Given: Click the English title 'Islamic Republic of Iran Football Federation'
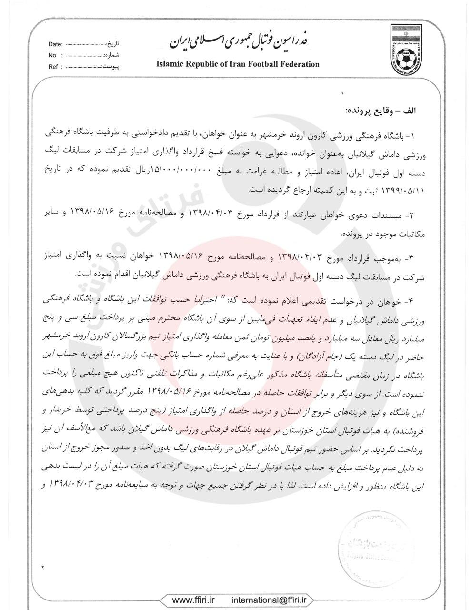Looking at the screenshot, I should (x=238, y=64).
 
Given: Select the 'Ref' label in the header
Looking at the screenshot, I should (x=53, y=67).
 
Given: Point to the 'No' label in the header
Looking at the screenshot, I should (x=52, y=56).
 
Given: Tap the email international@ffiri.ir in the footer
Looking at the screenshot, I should (x=269, y=600).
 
